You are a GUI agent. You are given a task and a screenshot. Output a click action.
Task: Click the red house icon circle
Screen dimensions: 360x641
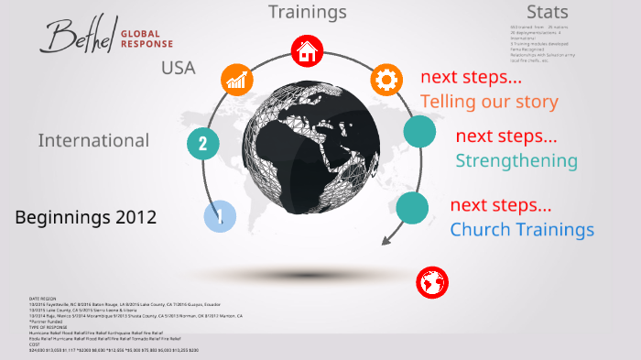306,51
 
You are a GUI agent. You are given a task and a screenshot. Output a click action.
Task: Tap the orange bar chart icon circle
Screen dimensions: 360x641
237,80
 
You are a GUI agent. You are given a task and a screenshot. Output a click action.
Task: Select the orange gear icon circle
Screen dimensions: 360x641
386,80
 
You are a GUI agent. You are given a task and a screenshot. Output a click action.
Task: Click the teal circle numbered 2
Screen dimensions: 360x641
203,143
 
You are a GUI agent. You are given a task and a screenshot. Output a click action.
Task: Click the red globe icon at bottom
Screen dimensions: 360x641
431,283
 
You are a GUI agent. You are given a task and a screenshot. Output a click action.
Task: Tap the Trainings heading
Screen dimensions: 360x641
307,12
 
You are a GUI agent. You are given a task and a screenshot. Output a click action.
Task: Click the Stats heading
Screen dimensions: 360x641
548,12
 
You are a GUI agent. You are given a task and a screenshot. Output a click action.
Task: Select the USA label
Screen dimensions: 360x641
178,67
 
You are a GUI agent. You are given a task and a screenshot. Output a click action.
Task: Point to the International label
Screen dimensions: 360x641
93,140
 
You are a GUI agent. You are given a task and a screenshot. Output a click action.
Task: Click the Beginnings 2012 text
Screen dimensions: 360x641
86,218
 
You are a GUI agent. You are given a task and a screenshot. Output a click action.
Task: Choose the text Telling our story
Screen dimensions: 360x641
489,101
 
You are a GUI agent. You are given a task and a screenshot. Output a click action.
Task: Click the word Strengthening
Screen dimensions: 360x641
516,161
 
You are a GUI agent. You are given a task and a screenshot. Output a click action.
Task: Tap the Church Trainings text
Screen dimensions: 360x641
522,229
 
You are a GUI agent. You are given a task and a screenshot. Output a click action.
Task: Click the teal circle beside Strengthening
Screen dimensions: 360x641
419,131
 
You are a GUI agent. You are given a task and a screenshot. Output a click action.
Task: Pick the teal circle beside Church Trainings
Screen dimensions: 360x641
412,208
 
